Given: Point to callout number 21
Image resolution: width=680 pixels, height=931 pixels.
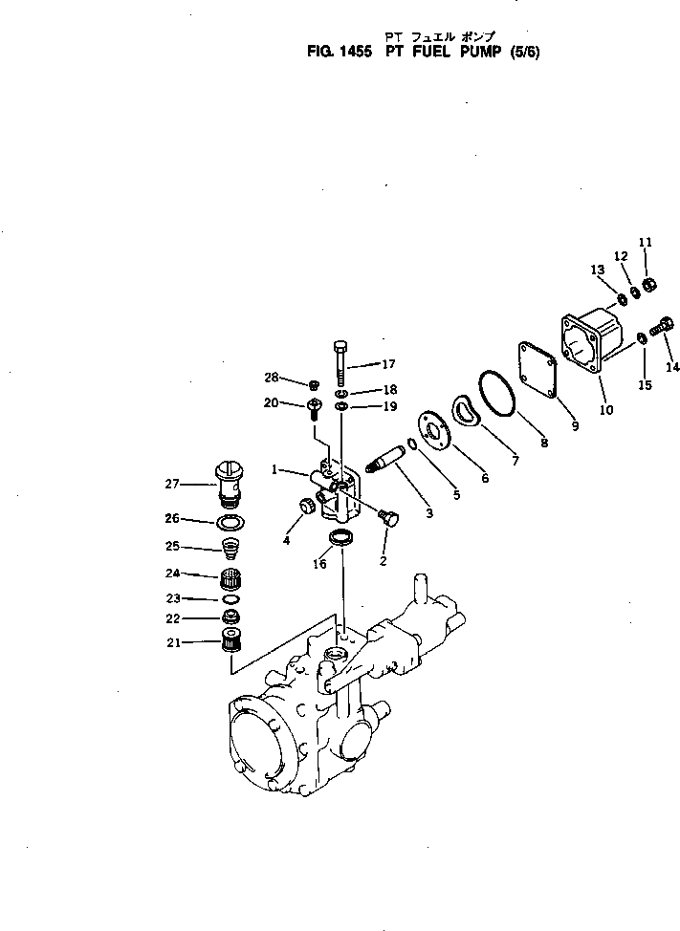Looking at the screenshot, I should (x=173, y=642).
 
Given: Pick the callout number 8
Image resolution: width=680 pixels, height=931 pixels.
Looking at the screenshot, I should (x=544, y=444).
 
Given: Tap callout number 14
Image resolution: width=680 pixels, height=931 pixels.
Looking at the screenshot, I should (x=672, y=367).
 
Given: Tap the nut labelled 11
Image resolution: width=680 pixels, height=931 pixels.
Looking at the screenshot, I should (x=647, y=285).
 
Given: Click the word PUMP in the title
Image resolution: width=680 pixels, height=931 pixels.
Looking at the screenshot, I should (x=472, y=52).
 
